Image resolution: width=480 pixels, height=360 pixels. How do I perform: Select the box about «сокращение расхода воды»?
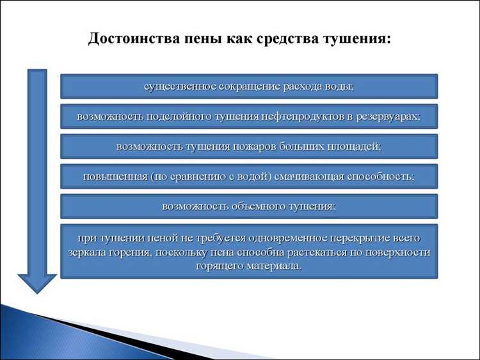pyautogui.click(x=249, y=86)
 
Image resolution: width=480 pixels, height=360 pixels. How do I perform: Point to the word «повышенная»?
pyautogui.click(x=113, y=176)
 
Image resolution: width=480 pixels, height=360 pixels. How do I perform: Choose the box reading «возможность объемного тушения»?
pyautogui.click(x=249, y=206)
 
